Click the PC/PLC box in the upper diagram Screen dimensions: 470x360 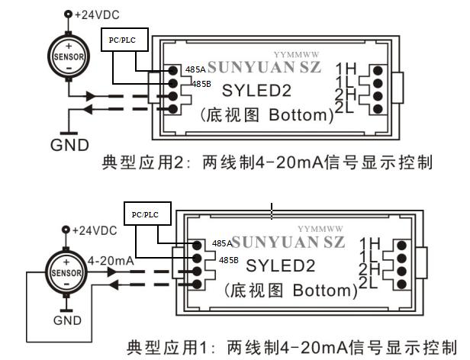[124, 40]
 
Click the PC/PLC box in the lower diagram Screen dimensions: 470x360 [147, 214]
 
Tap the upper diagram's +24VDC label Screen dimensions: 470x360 [97, 15]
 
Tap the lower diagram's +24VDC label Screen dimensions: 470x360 [95, 230]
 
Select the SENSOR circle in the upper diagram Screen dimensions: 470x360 [69, 56]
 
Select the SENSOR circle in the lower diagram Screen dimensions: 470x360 [66, 272]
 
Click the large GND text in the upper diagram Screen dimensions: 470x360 [69, 146]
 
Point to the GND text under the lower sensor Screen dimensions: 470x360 [67, 320]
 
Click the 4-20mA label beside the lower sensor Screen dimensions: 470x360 [111, 261]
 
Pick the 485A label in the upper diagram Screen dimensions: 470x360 [195, 69]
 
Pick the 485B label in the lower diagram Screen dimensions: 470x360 [228, 260]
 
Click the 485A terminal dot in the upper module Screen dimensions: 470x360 [172, 70]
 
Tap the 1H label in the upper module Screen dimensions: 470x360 [346, 69]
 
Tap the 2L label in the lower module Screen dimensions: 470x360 [368, 282]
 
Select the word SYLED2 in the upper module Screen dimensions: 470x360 [256, 91]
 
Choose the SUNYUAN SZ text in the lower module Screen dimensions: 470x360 [288, 243]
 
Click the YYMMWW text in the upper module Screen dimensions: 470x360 [297, 55]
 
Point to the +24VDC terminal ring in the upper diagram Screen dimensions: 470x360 [69, 14]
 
